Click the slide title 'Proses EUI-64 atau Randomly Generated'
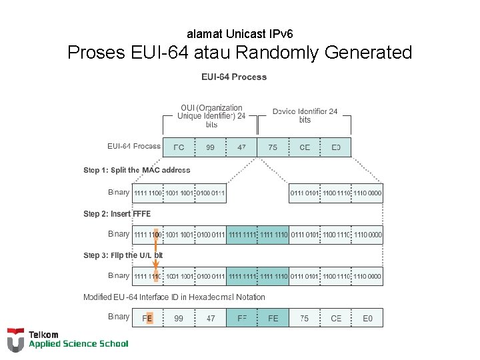pyautogui.click(x=240, y=53)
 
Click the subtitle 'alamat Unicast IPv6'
pyautogui.click(x=240, y=33)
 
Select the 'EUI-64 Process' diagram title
pyautogui.click(x=234, y=77)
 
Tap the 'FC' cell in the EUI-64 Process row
pyautogui.click(x=179, y=147)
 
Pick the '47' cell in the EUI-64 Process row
pyautogui.click(x=241, y=147)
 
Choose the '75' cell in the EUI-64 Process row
pyautogui.click(x=273, y=147)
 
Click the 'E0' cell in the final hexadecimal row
pyautogui.click(x=367, y=319)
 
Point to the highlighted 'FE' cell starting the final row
pyautogui.click(x=148, y=319)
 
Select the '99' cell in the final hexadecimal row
pyautogui.click(x=179, y=319)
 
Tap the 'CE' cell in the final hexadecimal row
pyautogui.click(x=336, y=319)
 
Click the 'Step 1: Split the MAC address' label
pyautogui.click(x=137, y=171)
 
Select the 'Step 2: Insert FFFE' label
pyautogui.click(x=117, y=214)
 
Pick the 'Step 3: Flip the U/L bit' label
pyautogui.click(x=123, y=255)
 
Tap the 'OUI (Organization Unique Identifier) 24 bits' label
pyautogui.click(x=211, y=116)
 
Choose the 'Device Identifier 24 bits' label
pyautogui.click(x=305, y=115)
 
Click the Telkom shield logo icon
pyautogui.click(x=15, y=339)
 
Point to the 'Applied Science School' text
pyautogui.click(x=78, y=344)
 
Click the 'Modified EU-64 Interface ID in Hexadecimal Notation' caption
pyautogui.click(x=174, y=297)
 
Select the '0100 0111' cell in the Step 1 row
pyautogui.click(x=211, y=193)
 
